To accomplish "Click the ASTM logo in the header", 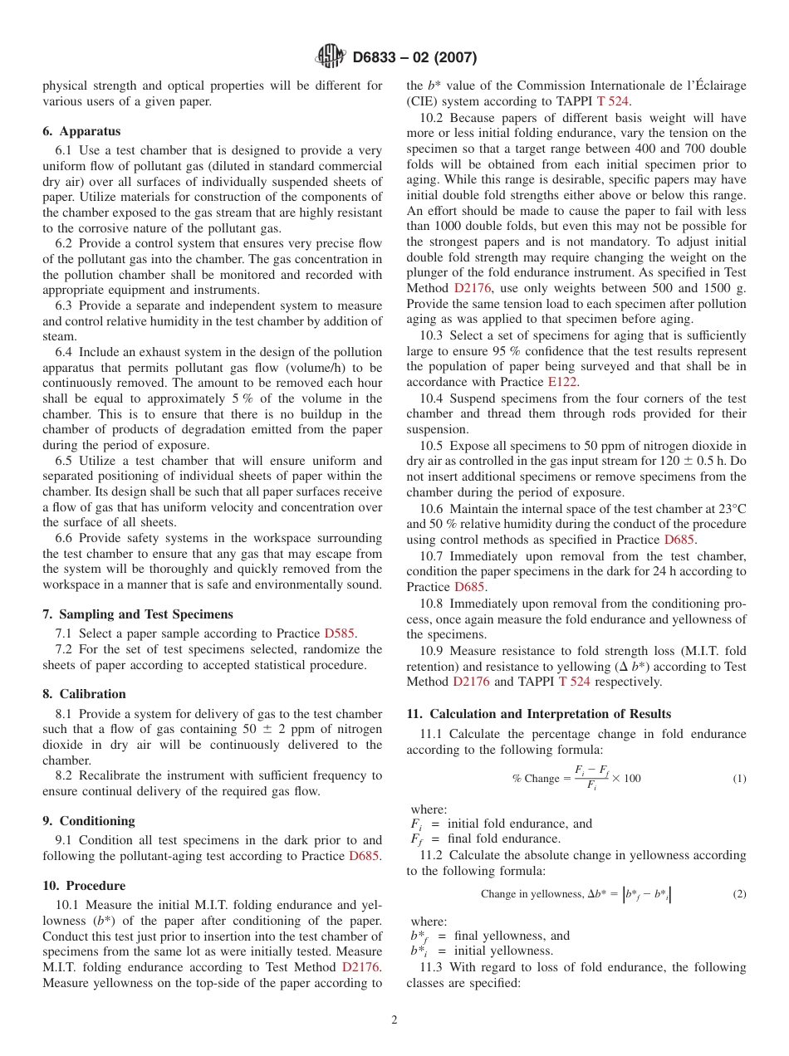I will pyautogui.click(x=331, y=57).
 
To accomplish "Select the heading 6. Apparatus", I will pyautogui.click(x=81, y=131).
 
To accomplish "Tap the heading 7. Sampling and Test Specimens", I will pyautogui.click(x=138, y=614).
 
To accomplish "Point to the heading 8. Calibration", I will pyautogui.click(x=84, y=694).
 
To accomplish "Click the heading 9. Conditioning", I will pyautogui.click(x=88, y=821).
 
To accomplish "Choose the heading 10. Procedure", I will pyautogui.click(x=84, y=885).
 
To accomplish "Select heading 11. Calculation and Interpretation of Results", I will pyautogui.click(x=538, y=714).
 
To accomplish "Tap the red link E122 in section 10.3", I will pyautogui.click(x=562, y=382).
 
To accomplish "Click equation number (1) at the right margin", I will pyautogui.click(x=739, y=779).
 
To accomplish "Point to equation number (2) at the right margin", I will pyautogui.click(x=739, y=894).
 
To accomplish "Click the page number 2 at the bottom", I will pyautogui.click(x=394, y=1020).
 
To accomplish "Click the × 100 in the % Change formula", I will pyautogui.click(x=626, y=778).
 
